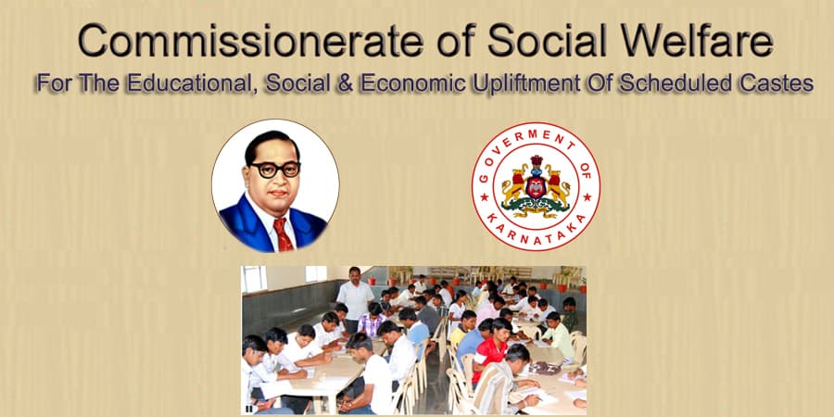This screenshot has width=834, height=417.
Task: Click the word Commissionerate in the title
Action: (251, 41)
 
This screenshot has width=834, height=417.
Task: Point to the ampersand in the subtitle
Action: (346, 83)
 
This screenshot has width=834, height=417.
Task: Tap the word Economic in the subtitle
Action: (415, 83)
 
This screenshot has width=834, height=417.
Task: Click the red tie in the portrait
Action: (283, 234)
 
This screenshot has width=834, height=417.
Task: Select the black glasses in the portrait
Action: (275, 170)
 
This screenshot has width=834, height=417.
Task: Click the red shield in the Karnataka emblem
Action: (536, 187)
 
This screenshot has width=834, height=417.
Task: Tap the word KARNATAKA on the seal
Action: (537, 230)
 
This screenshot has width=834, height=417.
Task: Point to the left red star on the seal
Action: (484, 197)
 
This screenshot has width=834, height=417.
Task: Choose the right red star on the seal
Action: (588, 197)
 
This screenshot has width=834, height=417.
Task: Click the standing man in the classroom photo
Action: (355, 297)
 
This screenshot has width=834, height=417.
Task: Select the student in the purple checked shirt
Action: (371, 319)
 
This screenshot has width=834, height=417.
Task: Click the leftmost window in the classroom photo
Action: (254, 279)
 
